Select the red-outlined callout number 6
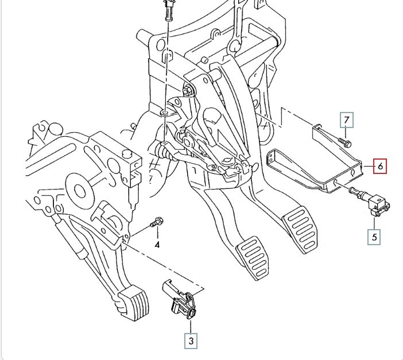(379, 167)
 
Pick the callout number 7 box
(346, 120)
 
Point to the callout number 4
(156, 245)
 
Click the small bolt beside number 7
(345, 141)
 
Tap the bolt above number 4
(158, 222)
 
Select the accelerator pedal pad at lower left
(133, 302)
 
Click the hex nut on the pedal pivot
(188, 90)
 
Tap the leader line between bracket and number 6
(368, 167)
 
